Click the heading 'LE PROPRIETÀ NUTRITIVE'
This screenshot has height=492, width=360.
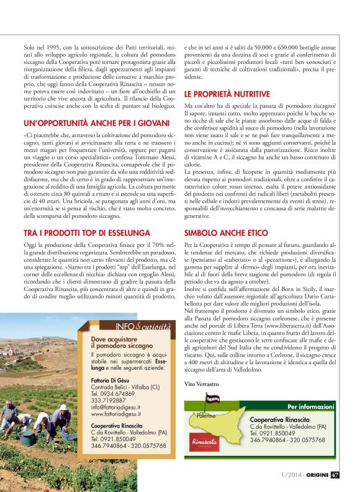(x=227, y=94)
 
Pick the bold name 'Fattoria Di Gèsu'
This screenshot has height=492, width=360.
(x=112, y=380)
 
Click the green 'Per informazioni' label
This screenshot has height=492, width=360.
(x=308, y=408)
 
